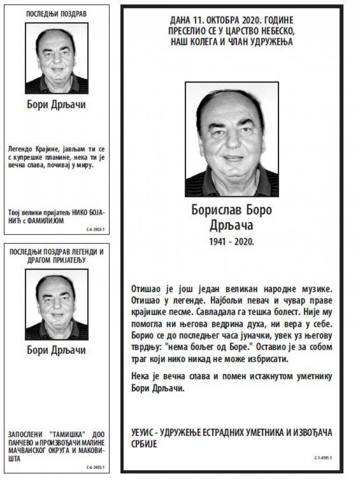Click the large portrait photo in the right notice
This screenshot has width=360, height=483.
click(x=232, y=139)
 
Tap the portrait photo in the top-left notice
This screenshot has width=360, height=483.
click(x=57, y=58)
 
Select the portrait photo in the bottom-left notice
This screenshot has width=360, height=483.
click(x=57, y=305)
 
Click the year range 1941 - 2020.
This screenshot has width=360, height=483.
click(x=232, y=241)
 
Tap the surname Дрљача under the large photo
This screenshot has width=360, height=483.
click(x=232, y=226)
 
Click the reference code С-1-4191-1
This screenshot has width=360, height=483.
click(x=323, y=458)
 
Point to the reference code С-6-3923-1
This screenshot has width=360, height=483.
click(x=95, y=230)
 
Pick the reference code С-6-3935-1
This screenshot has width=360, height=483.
click(x=95, y=467)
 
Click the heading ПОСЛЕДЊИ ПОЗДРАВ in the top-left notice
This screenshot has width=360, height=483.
click(x=57, y=14)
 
